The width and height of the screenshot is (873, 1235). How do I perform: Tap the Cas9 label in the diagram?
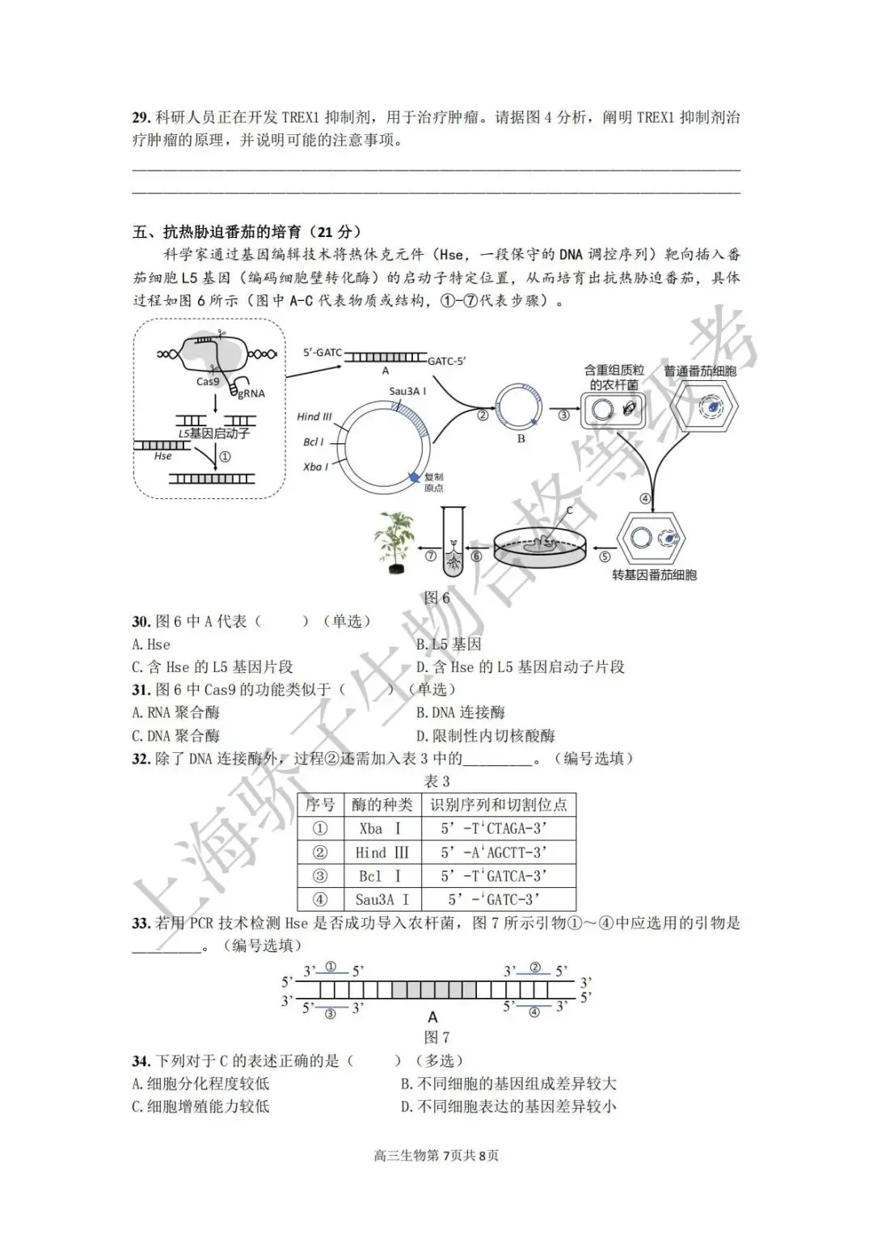click(x=207, y=382)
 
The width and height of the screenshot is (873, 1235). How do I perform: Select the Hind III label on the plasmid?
click(x=314, y=417)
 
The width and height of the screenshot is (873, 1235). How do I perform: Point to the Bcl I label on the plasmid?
click(x=313, y=442)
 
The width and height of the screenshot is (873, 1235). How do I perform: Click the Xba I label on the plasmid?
click(x=315, y=467)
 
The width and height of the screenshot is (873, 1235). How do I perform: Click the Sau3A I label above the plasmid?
click(x=407, y=391)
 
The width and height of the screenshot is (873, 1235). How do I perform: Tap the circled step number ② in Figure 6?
click(x=483, y=415)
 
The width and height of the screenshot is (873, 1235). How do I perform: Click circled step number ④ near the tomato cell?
click(x=645, y=498)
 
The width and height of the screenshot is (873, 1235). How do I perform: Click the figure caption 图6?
click(x=436, y=598)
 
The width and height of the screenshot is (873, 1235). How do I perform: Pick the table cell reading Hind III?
click(x=382, y=852)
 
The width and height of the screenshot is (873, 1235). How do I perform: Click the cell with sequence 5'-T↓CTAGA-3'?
click(x=494, y=829)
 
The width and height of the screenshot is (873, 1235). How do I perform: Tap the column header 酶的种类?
click(x=382, y=805)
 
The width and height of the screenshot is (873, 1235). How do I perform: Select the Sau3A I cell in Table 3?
click(x=382, y=899)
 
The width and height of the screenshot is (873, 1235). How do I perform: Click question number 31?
click(x=141, y=690)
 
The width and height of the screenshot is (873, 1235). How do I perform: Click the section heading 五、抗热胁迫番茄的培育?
click(x=247, y=232)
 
